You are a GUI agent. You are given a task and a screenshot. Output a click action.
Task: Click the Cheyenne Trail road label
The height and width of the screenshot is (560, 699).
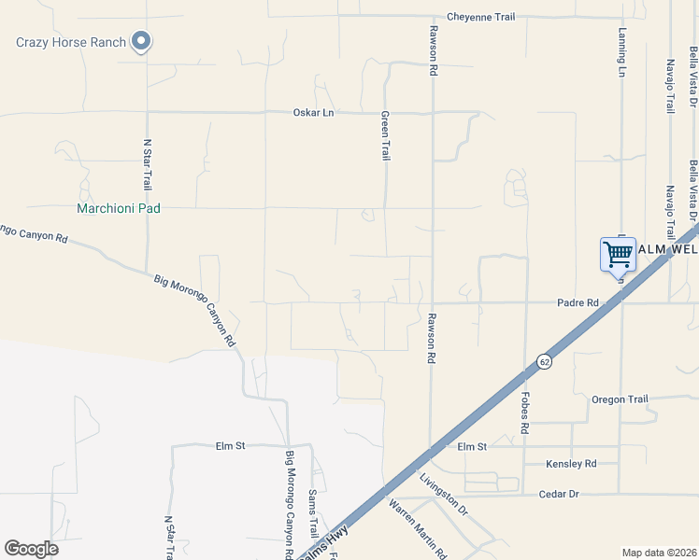click(480, 17)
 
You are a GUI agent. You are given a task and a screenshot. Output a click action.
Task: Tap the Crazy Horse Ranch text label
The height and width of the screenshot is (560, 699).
click(71, 42)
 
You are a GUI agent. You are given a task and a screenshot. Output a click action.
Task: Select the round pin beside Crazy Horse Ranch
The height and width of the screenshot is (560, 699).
click(141, 40)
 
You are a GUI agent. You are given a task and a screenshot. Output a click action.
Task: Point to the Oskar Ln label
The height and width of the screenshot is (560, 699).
click(314, 113)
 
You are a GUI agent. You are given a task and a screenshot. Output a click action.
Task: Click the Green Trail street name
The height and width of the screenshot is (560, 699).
click(384, 136)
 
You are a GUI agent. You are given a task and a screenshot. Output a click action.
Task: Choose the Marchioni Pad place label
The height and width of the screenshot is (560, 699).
click(119, 209)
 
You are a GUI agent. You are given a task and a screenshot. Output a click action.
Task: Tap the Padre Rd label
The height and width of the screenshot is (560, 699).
click(577, 303)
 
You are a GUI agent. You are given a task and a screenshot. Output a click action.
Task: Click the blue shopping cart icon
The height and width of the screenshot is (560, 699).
click(618, 254)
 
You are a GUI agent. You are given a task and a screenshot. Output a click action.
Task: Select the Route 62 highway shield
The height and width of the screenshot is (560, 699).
click(543, 360)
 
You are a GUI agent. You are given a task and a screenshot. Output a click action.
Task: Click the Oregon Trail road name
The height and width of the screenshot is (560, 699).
click(620, 399)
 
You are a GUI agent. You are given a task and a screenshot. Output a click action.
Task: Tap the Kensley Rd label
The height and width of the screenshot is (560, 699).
click(572, 464)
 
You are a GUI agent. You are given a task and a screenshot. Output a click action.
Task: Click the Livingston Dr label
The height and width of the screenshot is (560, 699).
click(444, 495)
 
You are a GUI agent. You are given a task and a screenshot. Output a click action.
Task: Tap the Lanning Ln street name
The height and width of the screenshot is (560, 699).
click(621, 51)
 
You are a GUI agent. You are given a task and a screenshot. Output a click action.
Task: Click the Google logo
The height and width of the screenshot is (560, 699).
click(32, 549)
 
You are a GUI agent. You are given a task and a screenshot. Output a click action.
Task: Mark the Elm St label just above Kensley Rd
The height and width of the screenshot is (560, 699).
click(473, 447)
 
